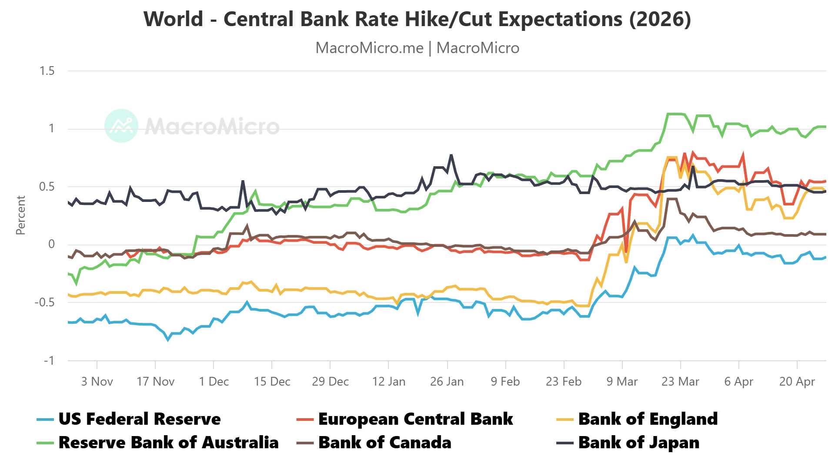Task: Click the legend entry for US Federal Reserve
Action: (x=139, y=419)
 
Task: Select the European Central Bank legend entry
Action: (x=415, y=419)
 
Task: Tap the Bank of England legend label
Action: (x=648, y=419)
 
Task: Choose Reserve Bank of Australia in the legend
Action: (x=168, y=443)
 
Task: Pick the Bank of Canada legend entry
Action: (x=384, y=443)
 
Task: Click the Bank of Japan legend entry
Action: (x=638, y=443)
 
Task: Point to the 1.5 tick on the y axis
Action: (x=47, y=71)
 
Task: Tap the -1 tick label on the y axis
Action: (x=49, y=360)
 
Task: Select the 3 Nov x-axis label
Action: (x=97, y=382)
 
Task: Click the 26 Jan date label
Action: (x=447, y=382)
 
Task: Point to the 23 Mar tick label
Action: (x=680, y=382)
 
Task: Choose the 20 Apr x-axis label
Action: (x=797, y=382)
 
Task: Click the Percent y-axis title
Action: (x=20, y=215)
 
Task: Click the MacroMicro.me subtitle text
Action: (x=369, y=48)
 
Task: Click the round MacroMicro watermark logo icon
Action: (x=121, y=126)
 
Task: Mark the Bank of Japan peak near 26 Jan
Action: (x=451, y=155)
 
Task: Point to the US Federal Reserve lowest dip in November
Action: (x=168, y=340)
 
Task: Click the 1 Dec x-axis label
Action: (x=214, y=382)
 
